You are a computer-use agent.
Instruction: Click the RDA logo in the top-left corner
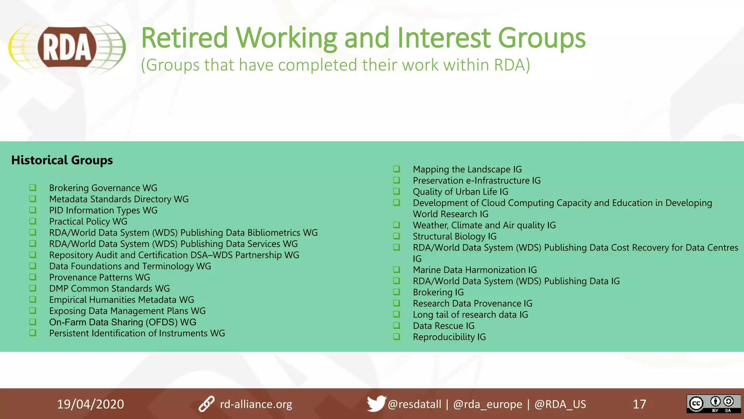tap(67, 48)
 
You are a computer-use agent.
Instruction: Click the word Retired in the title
tap(184, 38)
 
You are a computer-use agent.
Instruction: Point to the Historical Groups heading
tap(62, 160)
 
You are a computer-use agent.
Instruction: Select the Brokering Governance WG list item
tap(103, 188)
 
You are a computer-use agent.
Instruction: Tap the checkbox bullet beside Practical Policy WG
tap(33, 221)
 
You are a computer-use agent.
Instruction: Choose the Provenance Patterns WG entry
tap(100, 278)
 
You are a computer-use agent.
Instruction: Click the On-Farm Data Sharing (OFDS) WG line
tap(122, 322)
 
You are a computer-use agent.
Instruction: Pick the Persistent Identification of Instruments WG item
tap(137, 333)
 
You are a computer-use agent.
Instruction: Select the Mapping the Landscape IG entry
tap(467, 169)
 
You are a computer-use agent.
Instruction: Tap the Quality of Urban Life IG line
tap(460, 192)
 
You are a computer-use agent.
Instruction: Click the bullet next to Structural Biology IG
tap(397, 236)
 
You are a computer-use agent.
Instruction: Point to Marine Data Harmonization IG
tap(474, 270)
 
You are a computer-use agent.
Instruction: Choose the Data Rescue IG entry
tap(444, 326)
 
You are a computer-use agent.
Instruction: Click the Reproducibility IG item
tap(449, 337)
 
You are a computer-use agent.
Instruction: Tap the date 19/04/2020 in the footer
tap(90, 404)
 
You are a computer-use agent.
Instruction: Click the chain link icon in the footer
tap(207, 404)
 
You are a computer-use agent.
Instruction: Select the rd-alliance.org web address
tap(256, 404)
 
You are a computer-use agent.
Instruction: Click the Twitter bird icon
tap(376, 403)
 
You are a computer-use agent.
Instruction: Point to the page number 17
tap(639, 404)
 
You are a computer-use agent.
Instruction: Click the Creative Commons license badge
tap(713, 404)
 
